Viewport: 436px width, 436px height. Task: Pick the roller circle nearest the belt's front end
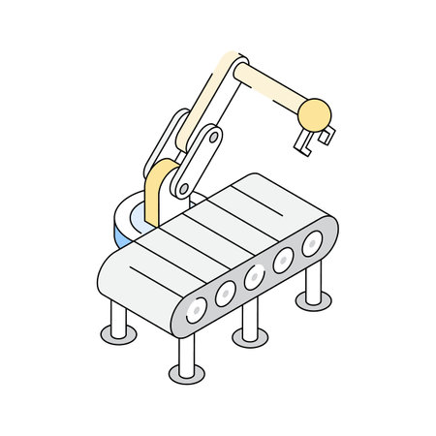point(195,309)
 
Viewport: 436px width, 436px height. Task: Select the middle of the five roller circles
point(255,276)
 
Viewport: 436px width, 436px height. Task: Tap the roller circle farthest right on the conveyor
point(311,244)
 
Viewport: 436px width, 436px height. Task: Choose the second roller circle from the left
point(226,293)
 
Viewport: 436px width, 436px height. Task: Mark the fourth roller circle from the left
point(284,260)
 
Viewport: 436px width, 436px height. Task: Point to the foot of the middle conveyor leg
point(249,336)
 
